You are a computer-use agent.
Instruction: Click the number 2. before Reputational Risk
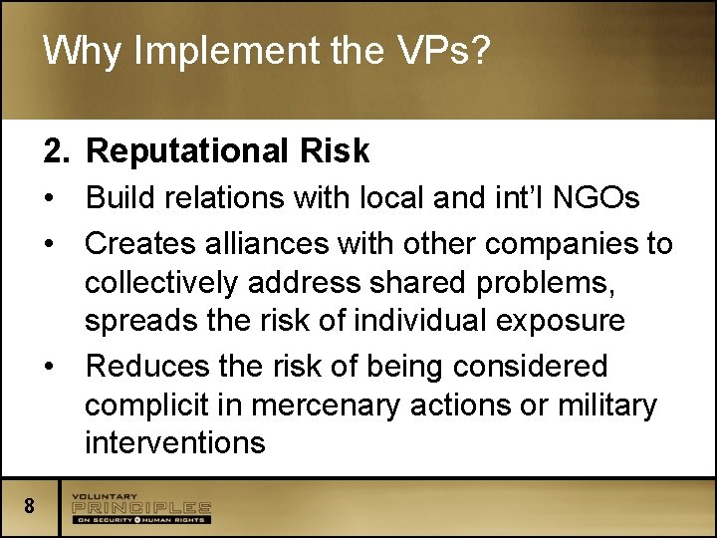click(57, 150)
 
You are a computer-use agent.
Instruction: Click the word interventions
click(175, 441)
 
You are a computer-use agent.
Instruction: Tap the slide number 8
click(30, 506)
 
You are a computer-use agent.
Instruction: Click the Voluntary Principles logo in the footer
click(140, 508)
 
